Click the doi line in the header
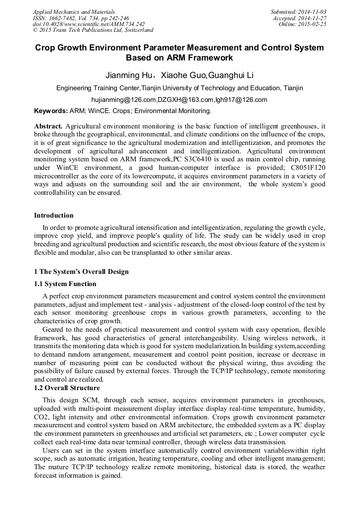click(x=89, y=24)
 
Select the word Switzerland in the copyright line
click(x=137, y=31)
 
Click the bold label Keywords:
click(x=51, y=111)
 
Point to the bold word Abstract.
click(x=48, y=126)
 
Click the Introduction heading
click(x=54, y=215)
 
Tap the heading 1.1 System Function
click(x=65, y=284)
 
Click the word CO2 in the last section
click(x=42, y=418)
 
